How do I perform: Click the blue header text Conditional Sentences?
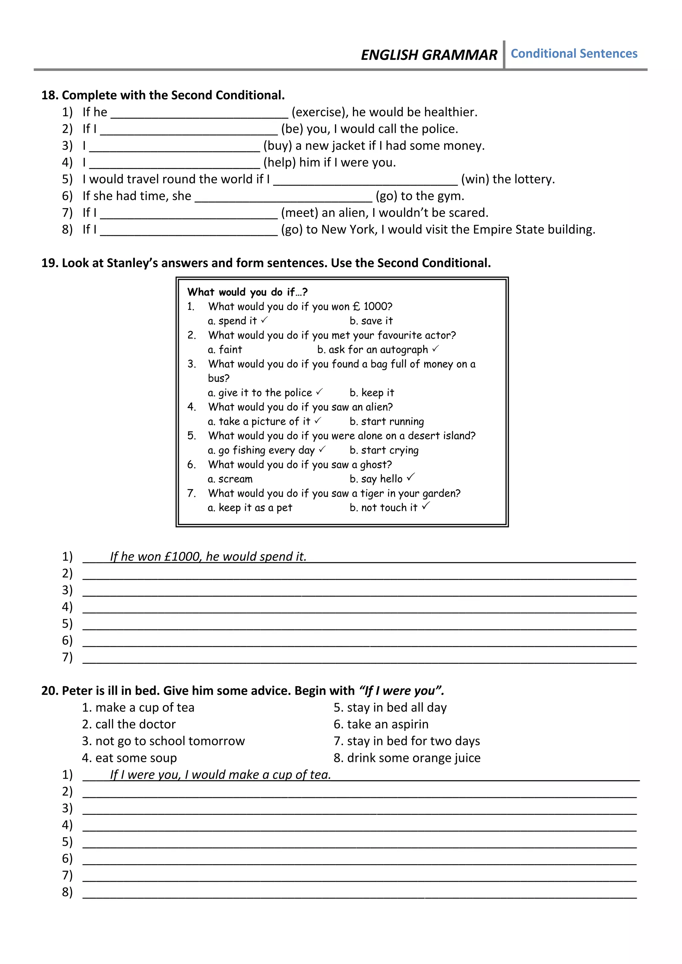pos(574,54)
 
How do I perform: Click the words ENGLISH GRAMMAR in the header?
pos(429,55)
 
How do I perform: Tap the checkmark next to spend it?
pos(264,320)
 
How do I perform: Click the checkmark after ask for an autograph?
pos(436,349)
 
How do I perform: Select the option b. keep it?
pos(372,392)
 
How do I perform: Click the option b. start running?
pos(386,421)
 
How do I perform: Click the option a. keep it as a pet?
pos(250,508)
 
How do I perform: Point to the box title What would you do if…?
pos(247,292)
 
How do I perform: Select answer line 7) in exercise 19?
pos(359,659)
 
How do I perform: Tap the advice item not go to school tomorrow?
pos(164,741)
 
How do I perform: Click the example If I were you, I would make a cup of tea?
pos(220,775)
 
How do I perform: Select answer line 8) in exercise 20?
pos(359,894)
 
